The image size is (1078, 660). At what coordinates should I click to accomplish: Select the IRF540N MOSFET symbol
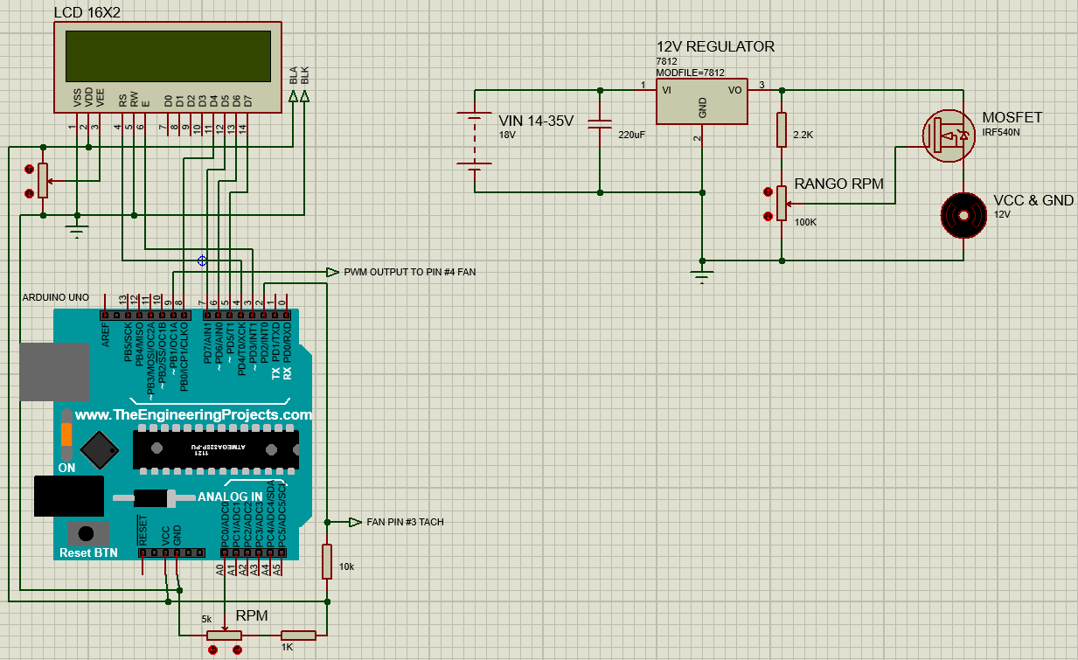coord(949,135)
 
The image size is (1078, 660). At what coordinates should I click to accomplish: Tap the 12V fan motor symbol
coord(963,215)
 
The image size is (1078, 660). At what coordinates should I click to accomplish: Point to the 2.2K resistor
coord(782,130)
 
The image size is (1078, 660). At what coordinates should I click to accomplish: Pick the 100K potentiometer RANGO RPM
coord(782,204)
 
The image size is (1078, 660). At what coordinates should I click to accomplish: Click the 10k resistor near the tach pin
coord(327,561)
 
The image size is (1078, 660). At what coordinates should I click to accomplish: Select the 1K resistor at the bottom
coord(298,636)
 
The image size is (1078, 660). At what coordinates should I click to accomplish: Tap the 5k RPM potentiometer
coord(224,636)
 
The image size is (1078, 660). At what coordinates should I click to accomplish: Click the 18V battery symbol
coord(474,140)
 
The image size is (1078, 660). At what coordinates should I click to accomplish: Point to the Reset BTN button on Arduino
coord(86,533)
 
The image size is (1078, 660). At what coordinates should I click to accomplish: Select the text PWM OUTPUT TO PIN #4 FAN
coord(409,273)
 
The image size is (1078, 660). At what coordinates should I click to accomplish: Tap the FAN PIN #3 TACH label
coord(404,522)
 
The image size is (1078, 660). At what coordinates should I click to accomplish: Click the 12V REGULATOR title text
coord(715,46)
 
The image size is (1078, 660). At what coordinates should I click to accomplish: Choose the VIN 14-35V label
coord(535,121)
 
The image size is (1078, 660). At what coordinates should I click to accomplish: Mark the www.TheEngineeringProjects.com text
coord(193,415)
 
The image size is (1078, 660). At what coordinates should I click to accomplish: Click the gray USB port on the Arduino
coord(54,372)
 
